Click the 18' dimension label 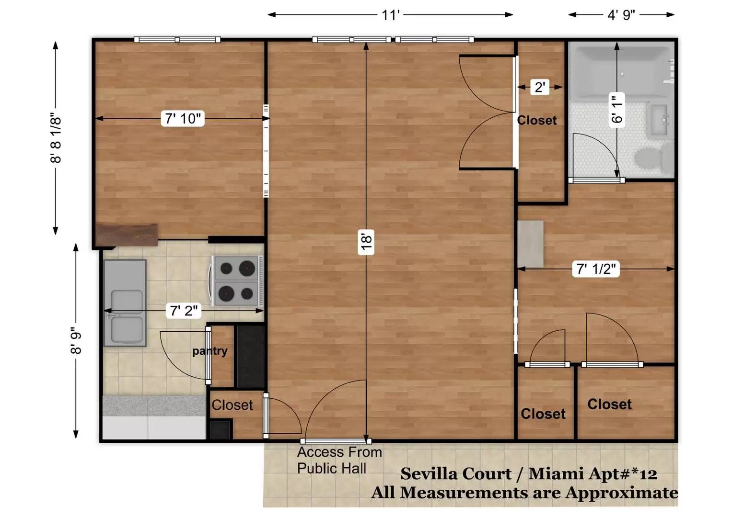pos(366,242)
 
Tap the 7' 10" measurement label pos(183,119)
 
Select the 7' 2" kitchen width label pos(184,310)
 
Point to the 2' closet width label pos(540,87)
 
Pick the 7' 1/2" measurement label pos(596,269)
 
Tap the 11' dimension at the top pos(391,15)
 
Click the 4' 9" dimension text pos(621,15)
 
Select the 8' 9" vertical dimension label pos(76,341)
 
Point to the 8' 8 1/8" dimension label pos(56,138)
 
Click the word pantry pos(210,351)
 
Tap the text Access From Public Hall pos(339,460)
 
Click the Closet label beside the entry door pos(232,405)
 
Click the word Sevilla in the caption pos(456,474)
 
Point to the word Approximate pos(622,493)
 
